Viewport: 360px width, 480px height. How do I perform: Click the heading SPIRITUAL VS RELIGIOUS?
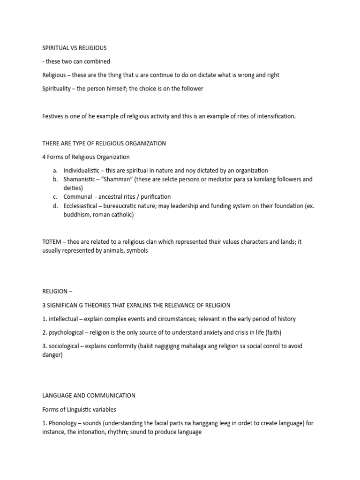(75, 48)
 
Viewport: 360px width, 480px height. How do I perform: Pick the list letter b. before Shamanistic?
(55, 180)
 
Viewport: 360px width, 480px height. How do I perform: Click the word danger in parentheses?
(52, 355)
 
